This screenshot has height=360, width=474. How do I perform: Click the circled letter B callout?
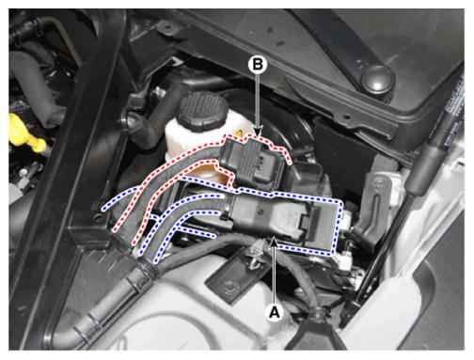(x=258, y=65)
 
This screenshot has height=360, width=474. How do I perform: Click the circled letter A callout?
(x=275, y=312)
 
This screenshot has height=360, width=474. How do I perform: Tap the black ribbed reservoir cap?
(x=201, y=110)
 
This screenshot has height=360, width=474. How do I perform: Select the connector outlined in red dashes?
(x=255, y=162)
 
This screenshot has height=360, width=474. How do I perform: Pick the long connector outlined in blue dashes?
(x=282, y=219)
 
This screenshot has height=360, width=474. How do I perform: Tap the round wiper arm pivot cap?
(x=377, y=78)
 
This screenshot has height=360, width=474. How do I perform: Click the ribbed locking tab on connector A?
(x=323, y=225)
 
